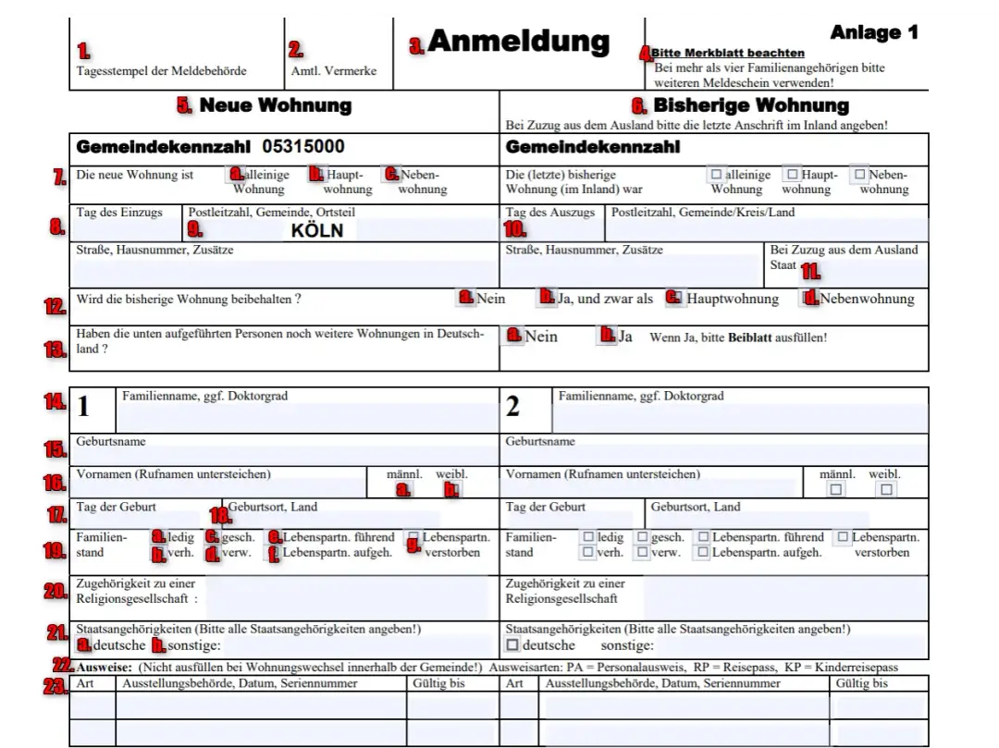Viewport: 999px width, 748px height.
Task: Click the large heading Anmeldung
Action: pos(518,42)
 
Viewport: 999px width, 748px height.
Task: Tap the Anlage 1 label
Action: pos(873,32)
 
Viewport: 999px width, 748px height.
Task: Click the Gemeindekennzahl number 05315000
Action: pos(303,147)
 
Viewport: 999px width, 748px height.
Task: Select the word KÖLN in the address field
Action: pos(316,230)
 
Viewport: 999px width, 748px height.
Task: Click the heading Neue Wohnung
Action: pos(275,105)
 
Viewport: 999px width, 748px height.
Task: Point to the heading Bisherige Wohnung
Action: pos(750,105)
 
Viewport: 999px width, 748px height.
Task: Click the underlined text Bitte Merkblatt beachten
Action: pos(727,54)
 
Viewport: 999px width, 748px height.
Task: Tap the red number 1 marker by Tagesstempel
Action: pos(83,51)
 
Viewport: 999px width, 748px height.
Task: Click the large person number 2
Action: pos(512,406)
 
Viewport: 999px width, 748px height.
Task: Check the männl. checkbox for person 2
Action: pos(836,490)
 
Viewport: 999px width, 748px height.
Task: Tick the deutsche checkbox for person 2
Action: pos(513,644)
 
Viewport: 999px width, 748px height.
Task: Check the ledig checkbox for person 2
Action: pos(586,537)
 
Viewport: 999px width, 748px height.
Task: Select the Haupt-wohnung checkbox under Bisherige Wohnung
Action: pos(791,174)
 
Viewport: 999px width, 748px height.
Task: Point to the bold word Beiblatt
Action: pos(749,337)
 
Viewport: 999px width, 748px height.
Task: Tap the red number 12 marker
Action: pos(55,306)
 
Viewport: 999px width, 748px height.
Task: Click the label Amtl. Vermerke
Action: pos(333,71)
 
